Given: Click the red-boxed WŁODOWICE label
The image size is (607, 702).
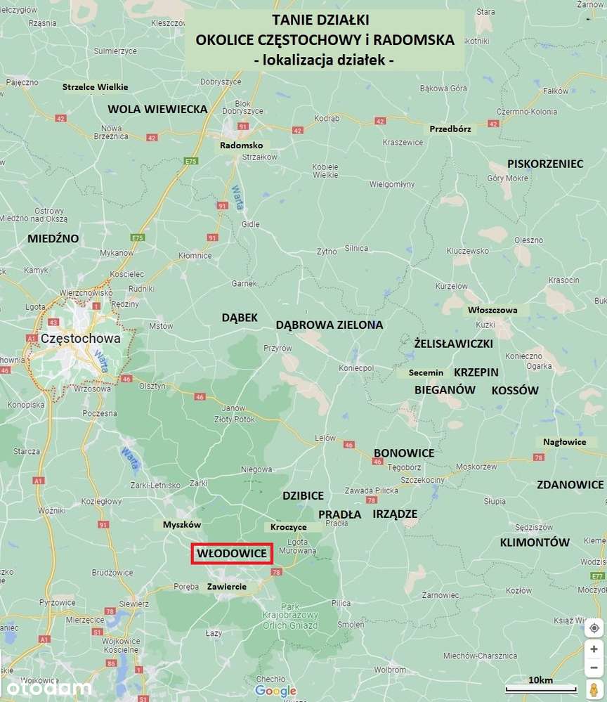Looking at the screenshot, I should [x=232, y=554].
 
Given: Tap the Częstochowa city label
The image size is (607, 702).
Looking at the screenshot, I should [x=81, y=338].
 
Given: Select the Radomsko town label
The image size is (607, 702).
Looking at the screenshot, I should [x=241, y=145].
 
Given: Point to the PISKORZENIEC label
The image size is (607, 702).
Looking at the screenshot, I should [x=545, y=164].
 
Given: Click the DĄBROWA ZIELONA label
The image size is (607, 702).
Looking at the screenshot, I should [x=329, y=325].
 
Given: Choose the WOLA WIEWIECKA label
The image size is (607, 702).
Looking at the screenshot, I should [x=157, y=109].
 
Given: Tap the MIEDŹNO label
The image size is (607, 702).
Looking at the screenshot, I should [x=53, y=238].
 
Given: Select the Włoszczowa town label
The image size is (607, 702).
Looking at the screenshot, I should [x=492, y=310].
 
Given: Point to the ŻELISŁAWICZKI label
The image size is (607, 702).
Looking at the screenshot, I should [x=453, y=344].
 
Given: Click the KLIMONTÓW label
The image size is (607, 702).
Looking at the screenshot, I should [x=535, y=542].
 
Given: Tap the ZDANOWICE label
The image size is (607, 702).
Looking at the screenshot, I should [x=570, y=485].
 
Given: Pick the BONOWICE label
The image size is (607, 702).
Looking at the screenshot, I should [x=404, y=453].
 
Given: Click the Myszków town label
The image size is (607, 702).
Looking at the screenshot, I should [x=182, y=525].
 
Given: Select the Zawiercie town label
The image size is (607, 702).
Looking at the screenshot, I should [x=226, y=586].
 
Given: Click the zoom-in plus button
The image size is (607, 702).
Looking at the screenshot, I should [x=594, y=649].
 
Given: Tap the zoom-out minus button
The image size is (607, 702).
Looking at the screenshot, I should [x=594, y=667].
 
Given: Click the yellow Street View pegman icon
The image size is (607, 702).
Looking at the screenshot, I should [x=594, y=689].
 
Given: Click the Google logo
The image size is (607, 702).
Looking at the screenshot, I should [x=275, y=691].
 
